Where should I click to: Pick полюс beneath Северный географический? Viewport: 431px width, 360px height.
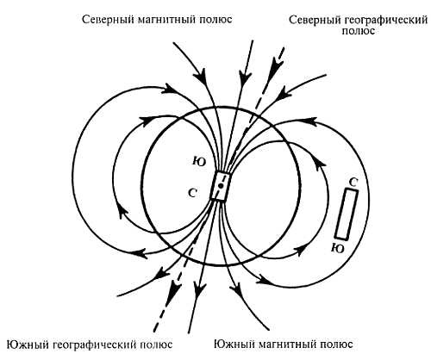coord(356,30)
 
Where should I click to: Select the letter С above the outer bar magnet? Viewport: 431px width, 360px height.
coord(353,182)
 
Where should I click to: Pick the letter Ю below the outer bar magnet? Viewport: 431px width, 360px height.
coord(338,247)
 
